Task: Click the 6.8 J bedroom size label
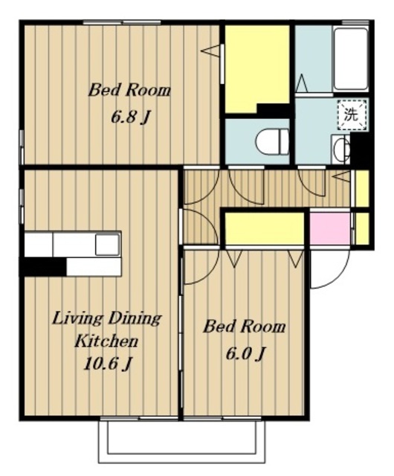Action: [x=130, y=117]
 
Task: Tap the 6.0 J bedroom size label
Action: [x=245, y=353]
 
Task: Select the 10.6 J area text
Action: [x=108, y=363]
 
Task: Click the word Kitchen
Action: [x=106, y=341]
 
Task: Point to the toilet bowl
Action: [x=272, y=142]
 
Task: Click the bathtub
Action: [x=351, y=59]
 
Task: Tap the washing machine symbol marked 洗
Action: [x=352, y=115]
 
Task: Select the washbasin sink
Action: [x=341, y=149]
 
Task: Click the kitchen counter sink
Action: [x=108, y=244]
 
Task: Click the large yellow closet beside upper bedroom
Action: [x=256, y=69]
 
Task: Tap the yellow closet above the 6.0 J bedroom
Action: [x=265, y=228]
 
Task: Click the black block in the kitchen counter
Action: [x=43, y=267]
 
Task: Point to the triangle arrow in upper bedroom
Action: [x=210, y=51]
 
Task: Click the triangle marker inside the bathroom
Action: [x=302, y=83]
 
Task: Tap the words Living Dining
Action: [x=106, y=320]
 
